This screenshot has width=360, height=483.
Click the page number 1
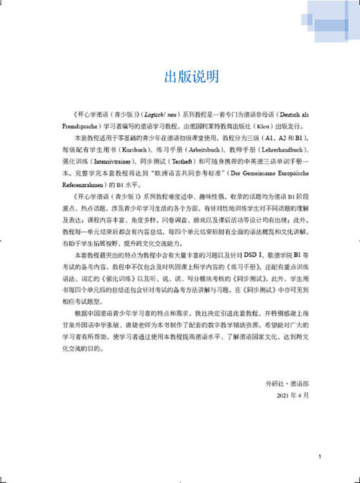pos(319,457)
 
